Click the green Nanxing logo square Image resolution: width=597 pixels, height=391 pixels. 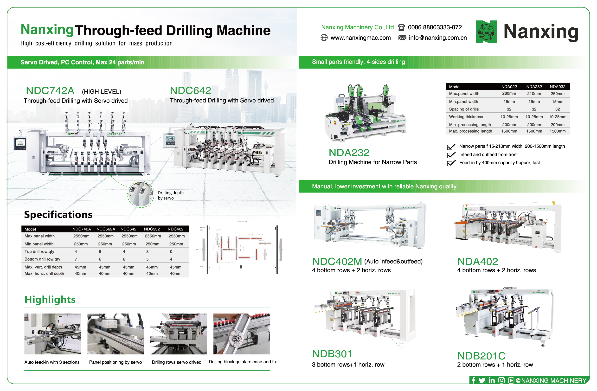486,32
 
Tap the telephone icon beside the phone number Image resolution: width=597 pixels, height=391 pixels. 401,27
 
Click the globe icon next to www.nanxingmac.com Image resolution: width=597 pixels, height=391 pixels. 324,38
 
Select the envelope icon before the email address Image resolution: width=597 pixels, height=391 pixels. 402,38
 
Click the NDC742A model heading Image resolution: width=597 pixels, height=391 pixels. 50,91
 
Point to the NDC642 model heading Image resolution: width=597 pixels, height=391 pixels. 190,90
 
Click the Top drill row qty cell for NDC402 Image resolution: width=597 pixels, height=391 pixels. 171,251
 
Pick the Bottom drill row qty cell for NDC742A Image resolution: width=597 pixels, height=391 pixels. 76,259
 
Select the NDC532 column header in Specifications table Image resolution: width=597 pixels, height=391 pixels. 152,229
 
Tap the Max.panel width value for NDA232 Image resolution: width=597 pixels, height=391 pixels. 534,94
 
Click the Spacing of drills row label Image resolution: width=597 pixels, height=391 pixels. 463,109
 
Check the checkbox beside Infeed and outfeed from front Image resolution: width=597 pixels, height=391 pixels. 451,155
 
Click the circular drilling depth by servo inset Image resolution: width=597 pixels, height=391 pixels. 141,194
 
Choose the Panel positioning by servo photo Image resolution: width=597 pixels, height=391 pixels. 116,333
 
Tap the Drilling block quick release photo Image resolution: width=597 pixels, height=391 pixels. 242,333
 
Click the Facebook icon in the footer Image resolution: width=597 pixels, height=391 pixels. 473,380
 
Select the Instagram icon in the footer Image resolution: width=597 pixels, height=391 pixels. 501,380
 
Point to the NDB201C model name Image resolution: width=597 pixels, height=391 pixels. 481,356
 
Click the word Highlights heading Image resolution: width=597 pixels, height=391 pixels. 50,300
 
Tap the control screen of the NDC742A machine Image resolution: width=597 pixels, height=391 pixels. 20,143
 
